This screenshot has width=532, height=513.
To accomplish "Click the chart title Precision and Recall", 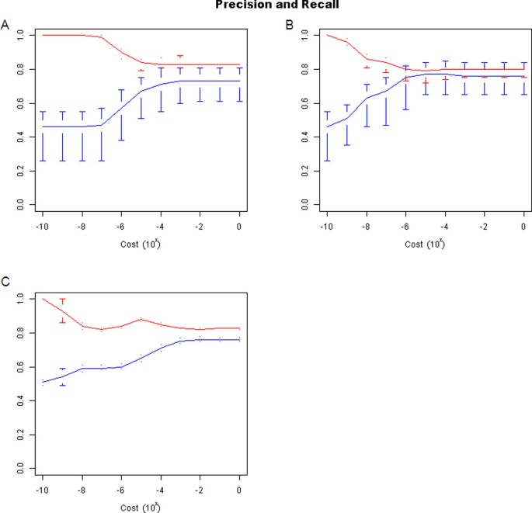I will point(266,5).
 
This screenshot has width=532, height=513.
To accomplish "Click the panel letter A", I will point(5,26).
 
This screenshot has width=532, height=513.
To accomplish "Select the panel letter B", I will point(290,26).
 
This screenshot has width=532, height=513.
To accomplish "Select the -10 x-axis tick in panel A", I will point(42,226).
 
